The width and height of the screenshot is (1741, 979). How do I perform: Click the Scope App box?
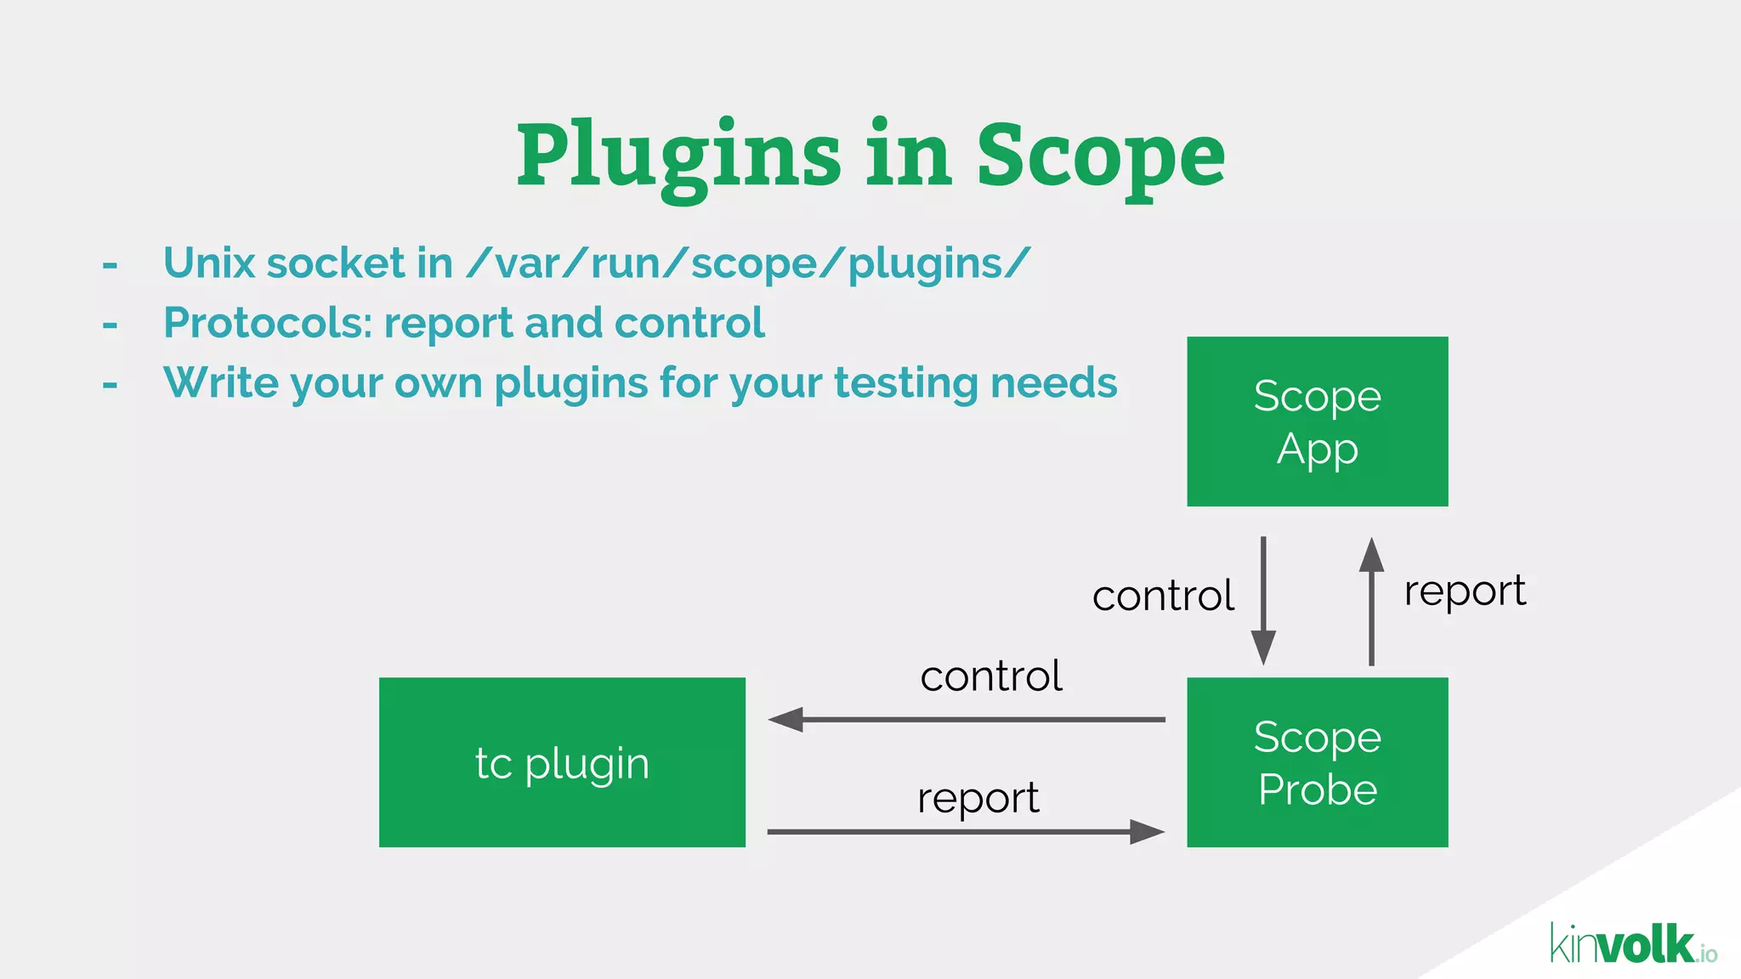pyautogui.click(x=1317, y=422)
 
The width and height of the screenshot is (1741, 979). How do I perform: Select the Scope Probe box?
pyautogui.click(x=1317, y=762)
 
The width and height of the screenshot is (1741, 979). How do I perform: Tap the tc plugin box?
pyautogui.click(x=562, y=762)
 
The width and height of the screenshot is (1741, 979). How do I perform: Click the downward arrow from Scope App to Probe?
pyautogui.click(x=1263, y=600)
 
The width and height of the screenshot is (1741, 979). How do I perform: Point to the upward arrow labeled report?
pyautogui.click(x=1371, y=600)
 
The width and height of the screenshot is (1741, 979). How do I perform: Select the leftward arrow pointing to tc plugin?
pyautogui.click(x=966, y=720)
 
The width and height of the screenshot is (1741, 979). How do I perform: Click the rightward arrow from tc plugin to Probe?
pyautogui.click(x=966, y=832)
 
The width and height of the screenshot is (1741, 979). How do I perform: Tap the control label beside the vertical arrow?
pyautogui.click(x=1163, y=596)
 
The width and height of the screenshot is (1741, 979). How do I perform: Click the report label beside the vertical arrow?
pyautogui.click(x=1465, y=591)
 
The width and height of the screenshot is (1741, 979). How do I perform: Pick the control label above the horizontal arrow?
pyautogui.click(x=991, y=676)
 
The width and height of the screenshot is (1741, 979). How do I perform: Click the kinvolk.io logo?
pyautogui.click(x=1632, y=945)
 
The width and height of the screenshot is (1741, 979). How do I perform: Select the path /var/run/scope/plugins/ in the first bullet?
pyautogui.click(x=748, y=263)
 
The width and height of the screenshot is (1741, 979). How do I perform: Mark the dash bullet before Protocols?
pyautogui.click(x=110, y=325)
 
